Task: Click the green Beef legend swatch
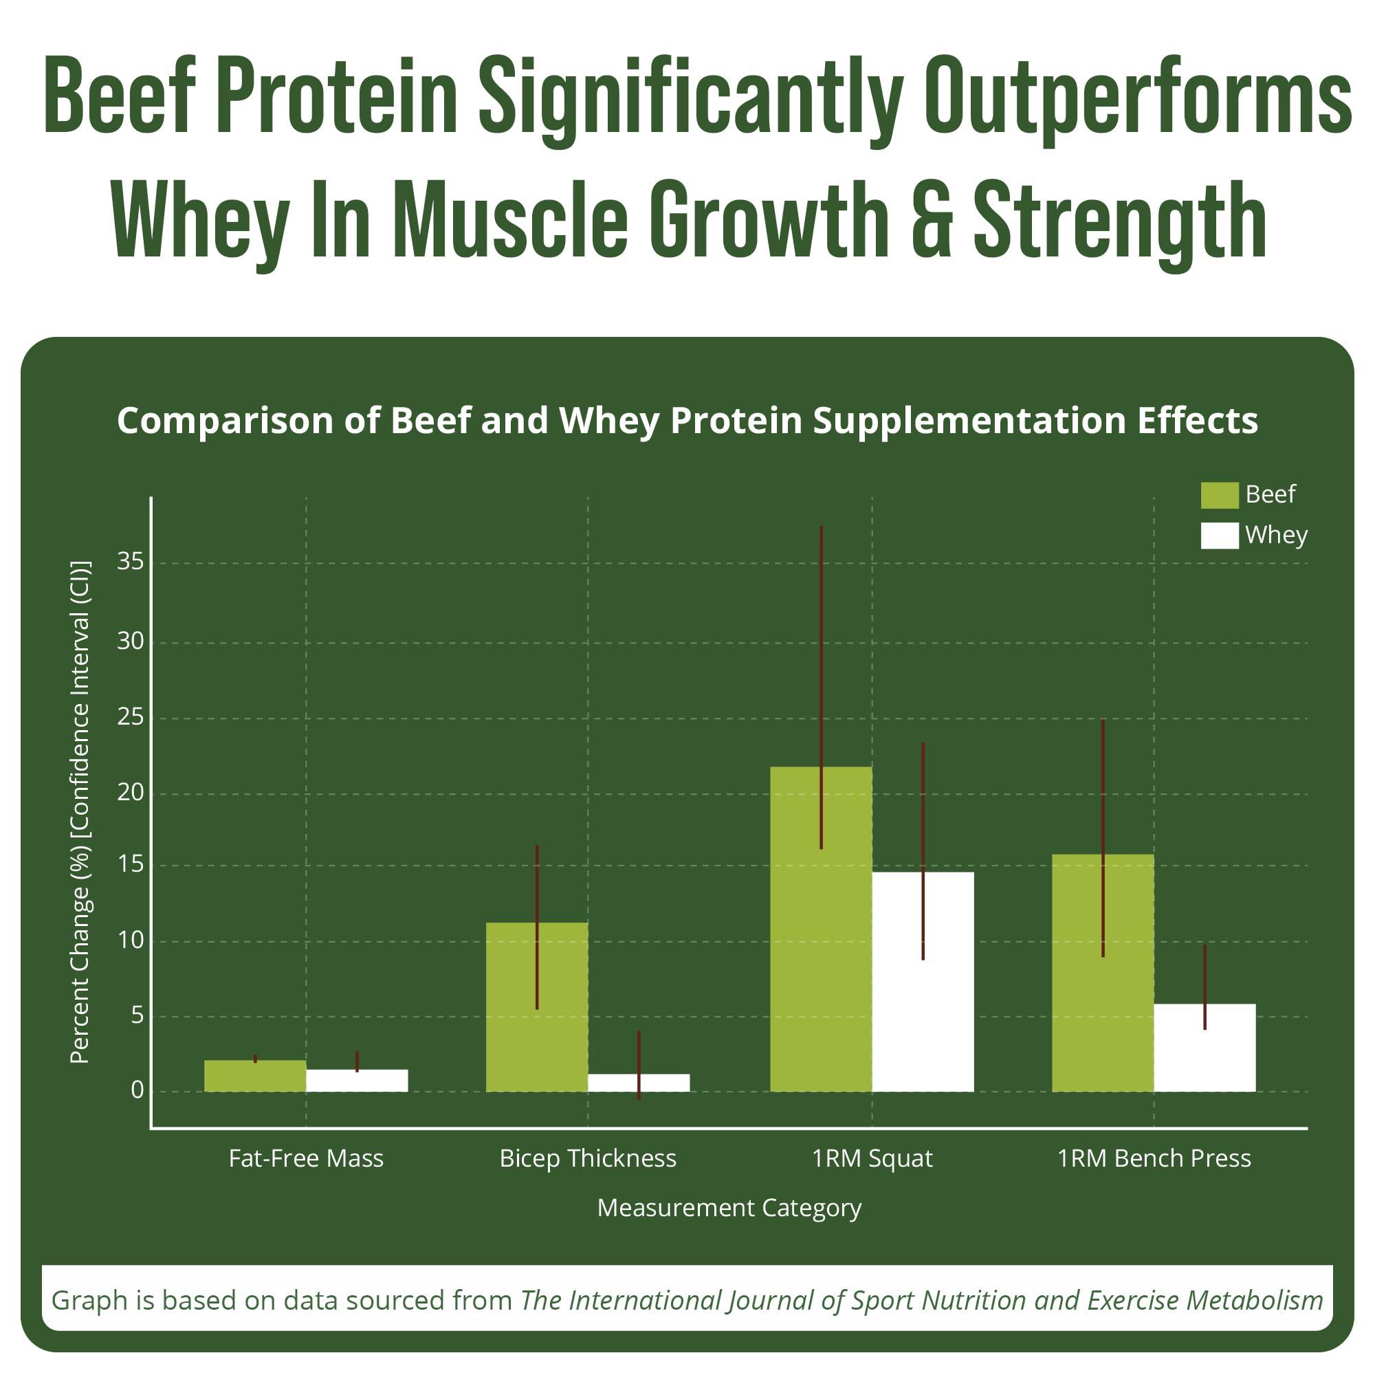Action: point(1219,495)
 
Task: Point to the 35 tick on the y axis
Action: point(130,562)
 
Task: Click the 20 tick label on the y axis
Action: point(130,792)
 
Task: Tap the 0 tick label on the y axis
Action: point(137,1090)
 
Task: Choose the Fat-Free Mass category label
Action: point(306,1158)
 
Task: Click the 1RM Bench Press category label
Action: point(1154,1158)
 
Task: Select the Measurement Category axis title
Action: point(729,1208)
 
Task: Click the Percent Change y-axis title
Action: point(80,811)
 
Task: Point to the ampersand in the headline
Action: point(932,221)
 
